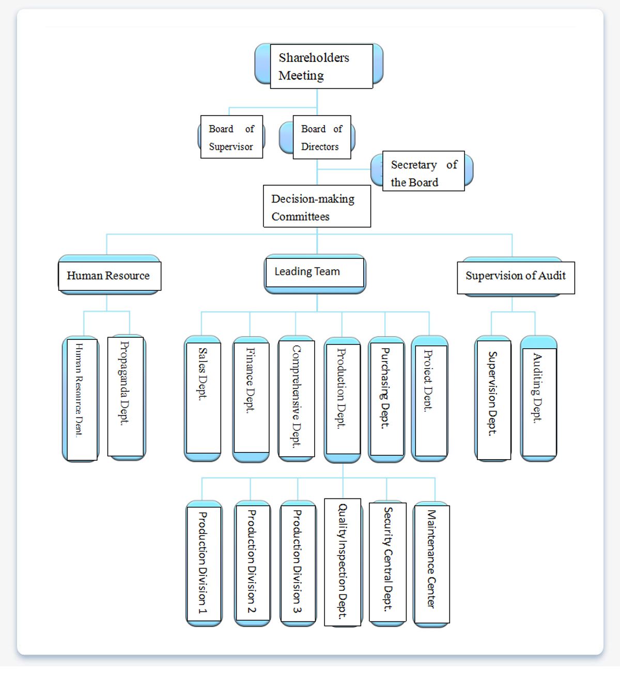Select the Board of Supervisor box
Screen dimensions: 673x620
[231, 137]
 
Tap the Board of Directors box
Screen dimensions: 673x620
[321, 137]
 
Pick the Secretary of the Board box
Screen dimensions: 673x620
[423, 171]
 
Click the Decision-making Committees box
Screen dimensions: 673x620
[317, 206]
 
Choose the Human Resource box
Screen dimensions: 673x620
[109, 276]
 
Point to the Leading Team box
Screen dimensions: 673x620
[315, 272]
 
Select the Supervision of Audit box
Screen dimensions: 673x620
[515, 277]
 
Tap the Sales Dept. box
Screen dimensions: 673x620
[203, 398]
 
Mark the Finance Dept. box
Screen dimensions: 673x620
[251, 398]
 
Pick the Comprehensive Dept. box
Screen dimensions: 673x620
[296, 398]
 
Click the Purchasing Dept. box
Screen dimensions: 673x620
[386, 398]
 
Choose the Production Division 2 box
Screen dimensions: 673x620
[252, 563]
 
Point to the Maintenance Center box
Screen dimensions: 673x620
[431, 564]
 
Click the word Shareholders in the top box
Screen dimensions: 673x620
[314, 58]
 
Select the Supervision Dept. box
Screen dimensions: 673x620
[493, 398]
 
